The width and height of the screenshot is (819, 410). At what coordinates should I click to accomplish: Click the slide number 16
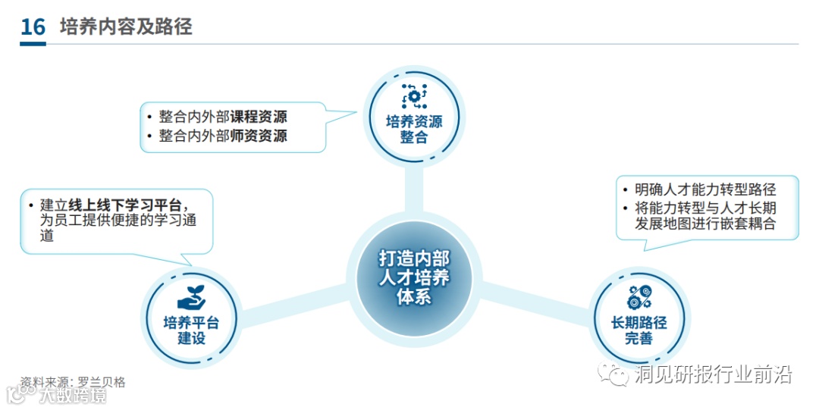click(x=33, y=27)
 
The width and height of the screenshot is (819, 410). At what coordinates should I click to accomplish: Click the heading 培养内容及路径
click(x=126, y=27)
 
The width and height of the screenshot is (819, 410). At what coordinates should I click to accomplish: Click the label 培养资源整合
click(x=414, y=130)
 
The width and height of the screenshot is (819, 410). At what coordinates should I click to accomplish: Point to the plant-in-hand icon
click(x=191, y=298)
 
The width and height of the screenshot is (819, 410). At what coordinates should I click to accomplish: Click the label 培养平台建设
click(x=191, y=330)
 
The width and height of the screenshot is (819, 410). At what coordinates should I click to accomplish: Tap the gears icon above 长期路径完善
click(x=639, y=297)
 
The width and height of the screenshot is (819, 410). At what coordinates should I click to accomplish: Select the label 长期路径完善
click(x=639, y=330)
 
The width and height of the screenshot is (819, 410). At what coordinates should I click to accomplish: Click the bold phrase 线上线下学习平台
click(x=126, y=205)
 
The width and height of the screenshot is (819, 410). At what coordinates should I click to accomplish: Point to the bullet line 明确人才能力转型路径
click(x=705, y=189)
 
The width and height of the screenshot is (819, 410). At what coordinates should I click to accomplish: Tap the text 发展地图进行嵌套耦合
click(x=705, y=224)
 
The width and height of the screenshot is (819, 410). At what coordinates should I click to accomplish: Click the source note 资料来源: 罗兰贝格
click(x=73, y=382)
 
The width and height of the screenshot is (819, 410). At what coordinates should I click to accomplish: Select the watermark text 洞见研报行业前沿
click(x=713, y=374)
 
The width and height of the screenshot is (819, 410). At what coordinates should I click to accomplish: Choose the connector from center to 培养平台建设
click(x=292, y=299)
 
